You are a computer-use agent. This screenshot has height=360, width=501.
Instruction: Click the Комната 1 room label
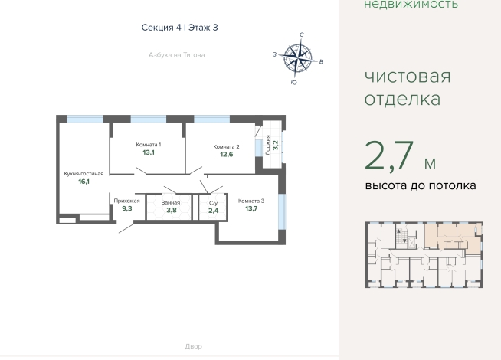[149, 145]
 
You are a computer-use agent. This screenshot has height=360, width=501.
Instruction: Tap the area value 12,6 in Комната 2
[226, 155]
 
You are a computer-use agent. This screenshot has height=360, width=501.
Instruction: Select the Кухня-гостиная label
[83, 173]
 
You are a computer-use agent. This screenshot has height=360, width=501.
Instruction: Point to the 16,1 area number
[83, 182]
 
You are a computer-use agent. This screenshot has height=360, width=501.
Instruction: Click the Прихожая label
[127, 201]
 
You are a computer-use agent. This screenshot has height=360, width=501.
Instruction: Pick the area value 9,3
[127, 208]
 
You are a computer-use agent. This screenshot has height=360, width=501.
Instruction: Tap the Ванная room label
[171, 202]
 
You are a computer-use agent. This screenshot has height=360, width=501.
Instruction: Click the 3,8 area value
[172, 210]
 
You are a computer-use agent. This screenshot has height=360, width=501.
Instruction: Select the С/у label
[213, 203]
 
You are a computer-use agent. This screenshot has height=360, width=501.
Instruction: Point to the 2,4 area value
[213, 211]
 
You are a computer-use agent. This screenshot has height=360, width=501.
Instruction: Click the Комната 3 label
[251, 201]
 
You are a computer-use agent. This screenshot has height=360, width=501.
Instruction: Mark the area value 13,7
[251, 208]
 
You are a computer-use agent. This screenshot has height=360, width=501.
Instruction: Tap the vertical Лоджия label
[268, 146]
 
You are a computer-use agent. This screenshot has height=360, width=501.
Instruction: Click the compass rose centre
[298, 58]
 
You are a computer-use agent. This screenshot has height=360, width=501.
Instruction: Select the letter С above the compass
[301, 34]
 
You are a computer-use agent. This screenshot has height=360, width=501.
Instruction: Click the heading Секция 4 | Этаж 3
[179, 28]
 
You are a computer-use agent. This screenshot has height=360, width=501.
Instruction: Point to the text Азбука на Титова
[177, 55]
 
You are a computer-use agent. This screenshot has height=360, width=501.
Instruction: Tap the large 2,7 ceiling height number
[389, 156]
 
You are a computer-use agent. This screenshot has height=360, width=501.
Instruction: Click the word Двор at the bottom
[193, 346]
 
